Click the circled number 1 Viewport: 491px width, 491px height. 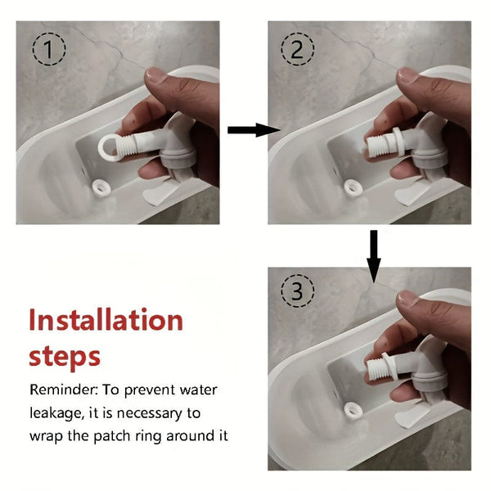[49, 49]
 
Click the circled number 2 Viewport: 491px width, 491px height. [297, 49]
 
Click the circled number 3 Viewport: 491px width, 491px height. [297, 291]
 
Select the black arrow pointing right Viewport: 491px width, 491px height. [254, 129]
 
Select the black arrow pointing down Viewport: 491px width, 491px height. [374, 256]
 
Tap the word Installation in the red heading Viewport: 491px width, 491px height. [106, 320]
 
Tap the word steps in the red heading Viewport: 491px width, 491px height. [65, 357]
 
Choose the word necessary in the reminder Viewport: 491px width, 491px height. [150, 413]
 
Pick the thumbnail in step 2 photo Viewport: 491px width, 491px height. [408, 76]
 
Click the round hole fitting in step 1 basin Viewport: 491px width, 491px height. [101, 188]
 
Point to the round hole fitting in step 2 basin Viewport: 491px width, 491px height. [354, 188]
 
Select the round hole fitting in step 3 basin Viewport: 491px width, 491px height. [354, 411]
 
